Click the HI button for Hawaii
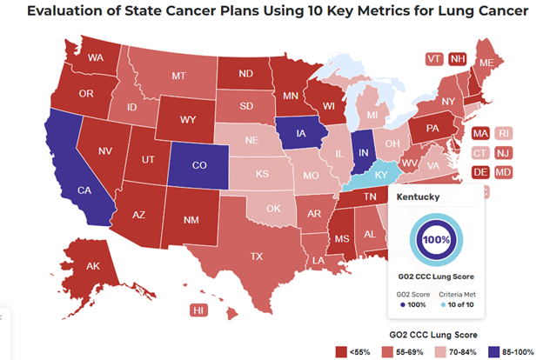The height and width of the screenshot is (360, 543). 199,310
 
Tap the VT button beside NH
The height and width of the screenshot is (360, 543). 433,58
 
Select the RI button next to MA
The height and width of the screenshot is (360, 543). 503,134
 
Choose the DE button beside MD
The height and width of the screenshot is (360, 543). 479,172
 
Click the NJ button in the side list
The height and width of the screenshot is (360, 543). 503,153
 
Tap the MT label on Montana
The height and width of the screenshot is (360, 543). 179,77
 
